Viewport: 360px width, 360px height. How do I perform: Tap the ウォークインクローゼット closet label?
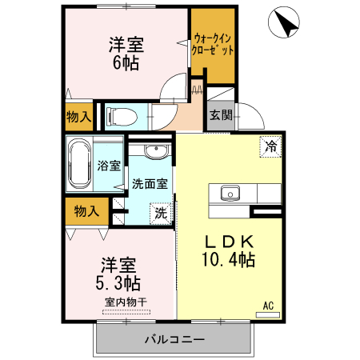coord(214,43)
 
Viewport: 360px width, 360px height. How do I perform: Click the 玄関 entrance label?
coord(222,114)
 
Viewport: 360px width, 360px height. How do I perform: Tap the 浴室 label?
coord(110,166)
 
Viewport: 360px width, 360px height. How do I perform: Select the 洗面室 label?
coord(150,183)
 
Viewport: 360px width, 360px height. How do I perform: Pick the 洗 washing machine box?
coord(161,214)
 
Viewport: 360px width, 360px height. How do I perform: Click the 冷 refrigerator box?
coord(272,146)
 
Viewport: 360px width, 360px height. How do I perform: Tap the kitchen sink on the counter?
coord(229,193)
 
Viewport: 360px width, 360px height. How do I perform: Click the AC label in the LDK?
coord(269,304)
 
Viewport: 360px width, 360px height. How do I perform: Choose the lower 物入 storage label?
coord(86,211)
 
